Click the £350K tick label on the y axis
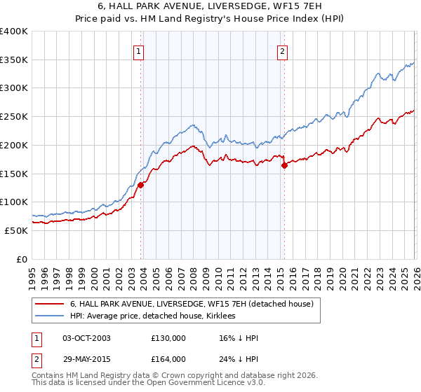point(14,60)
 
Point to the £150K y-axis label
point(14,174)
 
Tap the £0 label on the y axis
point(21,259)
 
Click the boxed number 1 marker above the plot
point(139,51)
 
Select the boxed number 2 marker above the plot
point(282,51)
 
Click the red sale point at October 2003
point(141,185)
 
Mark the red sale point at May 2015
point(285,166)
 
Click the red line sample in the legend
point(49,304)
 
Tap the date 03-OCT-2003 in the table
point(86,338)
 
